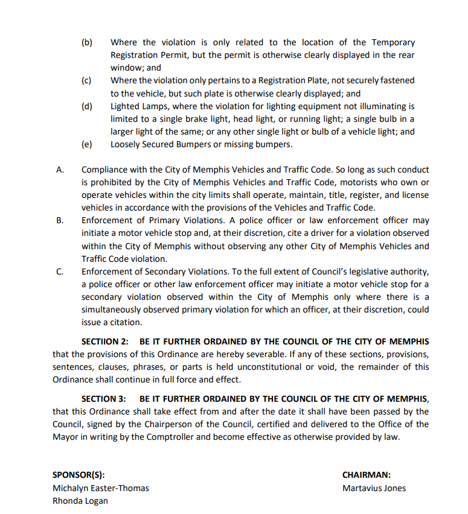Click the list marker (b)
pos(86,43)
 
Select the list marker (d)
pos(86,106)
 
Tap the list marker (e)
pos(86,144)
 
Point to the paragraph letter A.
pos(60,170)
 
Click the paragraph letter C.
pos(60,271)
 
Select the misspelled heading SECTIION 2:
pos(105,341)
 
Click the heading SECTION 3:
pos(103,399)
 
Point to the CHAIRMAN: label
pos(366,475)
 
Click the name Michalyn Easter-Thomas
pos(100,488)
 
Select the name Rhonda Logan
pos(80,501)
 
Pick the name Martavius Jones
pos(374,488)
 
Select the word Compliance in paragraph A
pos(105,170)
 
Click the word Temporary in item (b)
pos(393,43)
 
